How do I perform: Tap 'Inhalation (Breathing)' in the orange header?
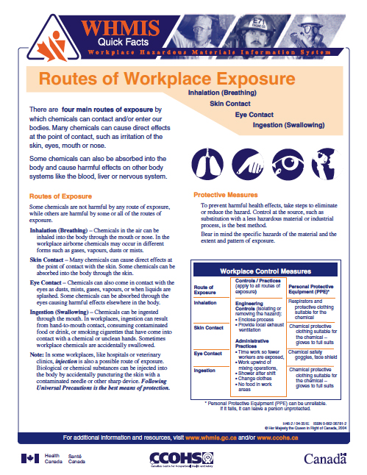222,94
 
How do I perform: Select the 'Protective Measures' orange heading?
224,195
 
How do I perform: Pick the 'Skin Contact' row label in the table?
209,327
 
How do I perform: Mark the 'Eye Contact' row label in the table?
208,353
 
